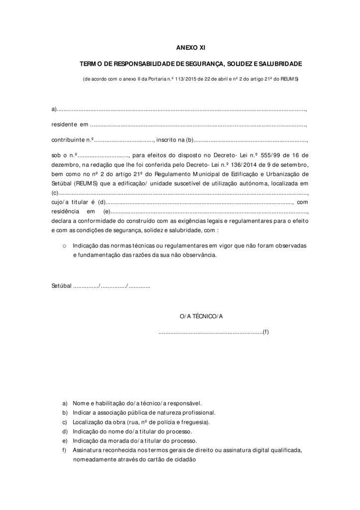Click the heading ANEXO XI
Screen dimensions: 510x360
pos(191,48)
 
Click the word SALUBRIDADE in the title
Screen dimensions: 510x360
pos(280,64)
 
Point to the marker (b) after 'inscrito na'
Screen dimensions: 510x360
pos(189,140)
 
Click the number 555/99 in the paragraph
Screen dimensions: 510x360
pos(266,155)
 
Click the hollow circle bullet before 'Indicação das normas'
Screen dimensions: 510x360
pos(65,246)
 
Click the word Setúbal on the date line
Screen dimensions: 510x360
pos(61,286)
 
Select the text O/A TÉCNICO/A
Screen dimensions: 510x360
pos(201,316)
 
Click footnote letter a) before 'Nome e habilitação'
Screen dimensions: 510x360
pos(65,403)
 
